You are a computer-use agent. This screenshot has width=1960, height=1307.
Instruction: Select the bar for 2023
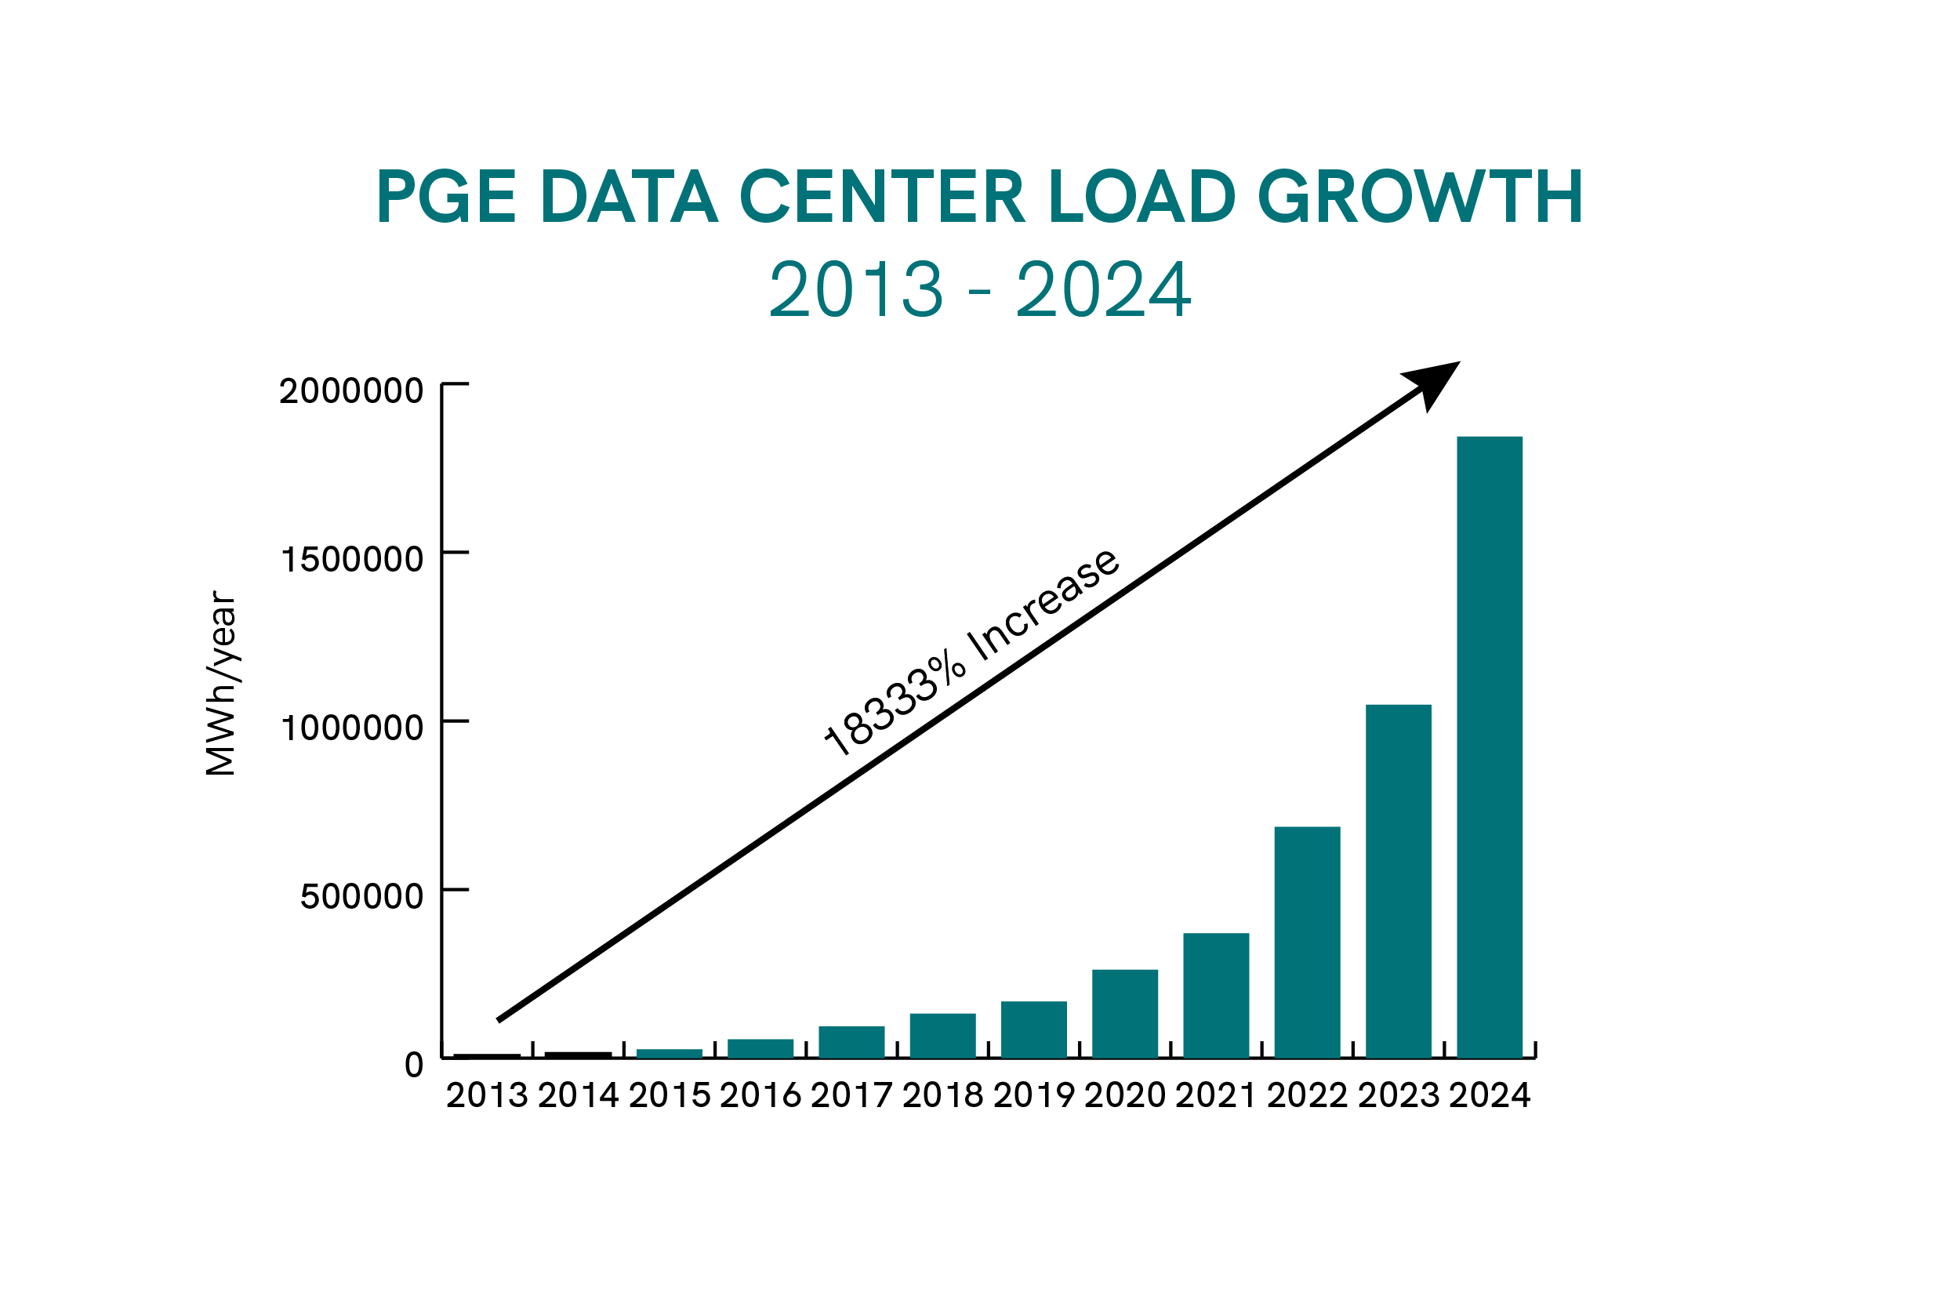(x=1399, y=881)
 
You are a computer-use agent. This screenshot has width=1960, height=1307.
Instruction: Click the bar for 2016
(x=760, y=1048)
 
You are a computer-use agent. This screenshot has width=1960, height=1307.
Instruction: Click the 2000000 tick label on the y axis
(x=350, y=391)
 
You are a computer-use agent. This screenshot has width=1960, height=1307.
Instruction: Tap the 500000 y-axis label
(x=361, y=896)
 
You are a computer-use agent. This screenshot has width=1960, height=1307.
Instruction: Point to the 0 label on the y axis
(x=413, y=1065)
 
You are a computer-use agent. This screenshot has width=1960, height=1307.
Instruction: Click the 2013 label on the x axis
(x=487, y=1095)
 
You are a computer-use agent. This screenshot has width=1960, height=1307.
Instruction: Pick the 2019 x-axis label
(x=1033, y=1095)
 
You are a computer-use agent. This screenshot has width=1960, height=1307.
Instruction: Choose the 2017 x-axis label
(x=851, y=1095)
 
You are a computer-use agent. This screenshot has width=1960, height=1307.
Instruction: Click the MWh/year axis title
(x=222, y=684)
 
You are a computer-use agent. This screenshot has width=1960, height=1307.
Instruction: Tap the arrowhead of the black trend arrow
(x=1435, y=382)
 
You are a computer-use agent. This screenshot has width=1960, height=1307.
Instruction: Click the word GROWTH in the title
(x=1419, y=198)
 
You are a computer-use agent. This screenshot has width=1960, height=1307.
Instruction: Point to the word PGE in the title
(x=446, y=198)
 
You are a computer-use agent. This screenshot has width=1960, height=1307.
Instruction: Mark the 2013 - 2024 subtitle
(x=979, y=289)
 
